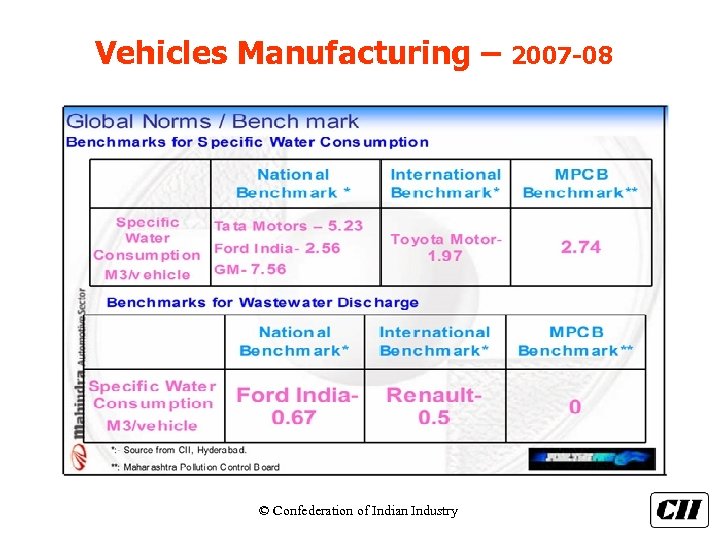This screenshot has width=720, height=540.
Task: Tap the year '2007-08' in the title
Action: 562,54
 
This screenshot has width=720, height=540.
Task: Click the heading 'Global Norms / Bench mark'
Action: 212,122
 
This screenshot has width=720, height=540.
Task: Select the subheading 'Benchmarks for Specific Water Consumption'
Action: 247,142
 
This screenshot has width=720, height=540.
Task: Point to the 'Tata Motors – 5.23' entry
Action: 289,227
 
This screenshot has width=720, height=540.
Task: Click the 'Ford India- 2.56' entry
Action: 277,248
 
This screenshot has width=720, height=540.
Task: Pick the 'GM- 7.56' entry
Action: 250,269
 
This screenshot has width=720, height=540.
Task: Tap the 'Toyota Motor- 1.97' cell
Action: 445,247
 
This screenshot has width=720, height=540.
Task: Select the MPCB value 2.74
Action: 580,247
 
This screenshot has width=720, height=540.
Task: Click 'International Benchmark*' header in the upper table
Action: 445,183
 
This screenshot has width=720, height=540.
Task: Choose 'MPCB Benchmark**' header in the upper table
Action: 580,183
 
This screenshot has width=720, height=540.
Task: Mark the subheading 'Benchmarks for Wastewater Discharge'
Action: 262,302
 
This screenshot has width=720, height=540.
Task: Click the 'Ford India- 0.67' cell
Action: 296,406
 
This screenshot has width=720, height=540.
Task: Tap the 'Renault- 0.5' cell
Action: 434,406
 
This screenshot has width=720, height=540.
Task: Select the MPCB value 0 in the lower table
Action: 575,407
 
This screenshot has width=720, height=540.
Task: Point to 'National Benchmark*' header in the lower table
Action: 294,341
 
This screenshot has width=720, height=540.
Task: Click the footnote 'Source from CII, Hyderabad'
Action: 184,450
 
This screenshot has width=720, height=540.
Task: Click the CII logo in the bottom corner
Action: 679,510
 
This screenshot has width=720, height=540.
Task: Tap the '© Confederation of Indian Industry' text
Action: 358,511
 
